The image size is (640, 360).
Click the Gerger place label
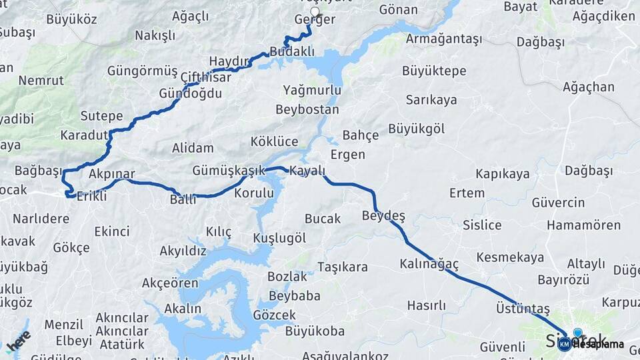point(315,20)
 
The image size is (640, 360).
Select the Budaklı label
point(292,51)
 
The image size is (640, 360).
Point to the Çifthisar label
point(205,77)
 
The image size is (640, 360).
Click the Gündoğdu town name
point(190,93)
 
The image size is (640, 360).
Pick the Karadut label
point(84,135)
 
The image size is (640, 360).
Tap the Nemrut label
point(41,80)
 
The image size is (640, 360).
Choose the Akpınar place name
point(111,175)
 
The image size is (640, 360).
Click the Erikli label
point(92,196)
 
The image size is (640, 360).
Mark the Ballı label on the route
point(183,199)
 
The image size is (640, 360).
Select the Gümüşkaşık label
point(228,171)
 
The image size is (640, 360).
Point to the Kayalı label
point(307,171)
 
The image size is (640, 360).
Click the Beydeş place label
point(383,215)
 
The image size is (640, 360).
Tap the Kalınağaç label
point(429,264)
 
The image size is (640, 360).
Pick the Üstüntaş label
point(523,309)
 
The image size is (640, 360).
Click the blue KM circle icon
point(565,344)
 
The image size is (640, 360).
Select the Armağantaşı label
point(443,39)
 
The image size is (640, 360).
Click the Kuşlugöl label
point(279,238)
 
